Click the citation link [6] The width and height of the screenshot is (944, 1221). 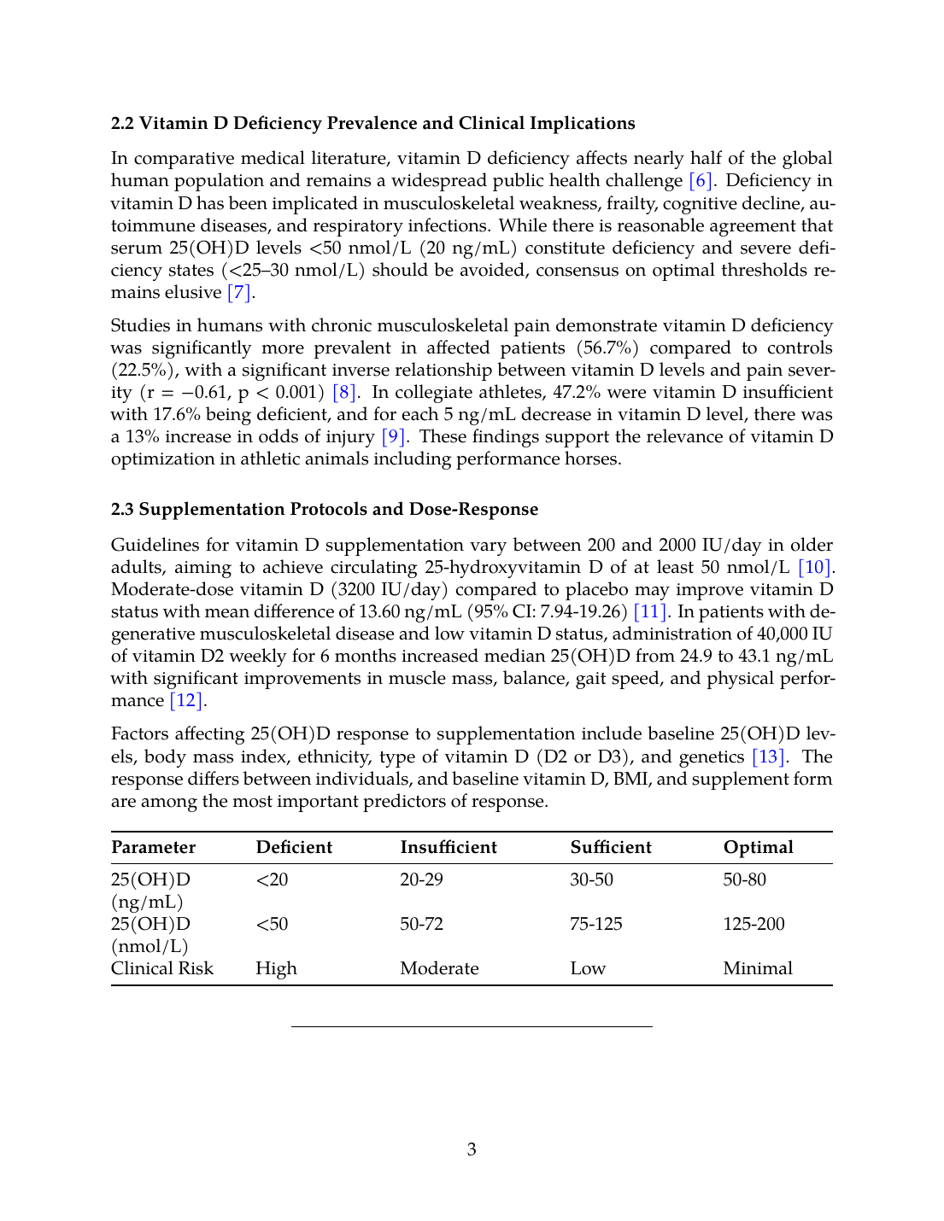point(701,181)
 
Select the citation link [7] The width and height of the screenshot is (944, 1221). point(239,293)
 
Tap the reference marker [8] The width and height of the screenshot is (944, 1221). point(344,393)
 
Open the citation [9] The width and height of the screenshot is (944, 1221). point(393,437)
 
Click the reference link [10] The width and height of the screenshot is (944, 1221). point(814,568)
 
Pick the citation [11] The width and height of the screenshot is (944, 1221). point(650,612)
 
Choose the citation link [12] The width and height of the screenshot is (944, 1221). point(186,701)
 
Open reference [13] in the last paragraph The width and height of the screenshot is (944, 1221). point(768,757)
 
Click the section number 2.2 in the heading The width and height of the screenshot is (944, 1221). point(122,124)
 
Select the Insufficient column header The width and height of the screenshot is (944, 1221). point(449,848)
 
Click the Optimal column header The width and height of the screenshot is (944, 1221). point(758,848)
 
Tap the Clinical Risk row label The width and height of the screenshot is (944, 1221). point(162,969)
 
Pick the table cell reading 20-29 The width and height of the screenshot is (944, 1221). point(421,880)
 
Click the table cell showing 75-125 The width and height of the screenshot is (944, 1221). point(595,925)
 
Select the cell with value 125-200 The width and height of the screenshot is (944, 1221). point(753,925)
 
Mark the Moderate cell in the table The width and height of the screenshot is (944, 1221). point(439,969)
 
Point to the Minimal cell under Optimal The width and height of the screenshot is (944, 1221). point(758,969)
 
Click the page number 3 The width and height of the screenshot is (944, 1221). point(472,1150)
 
